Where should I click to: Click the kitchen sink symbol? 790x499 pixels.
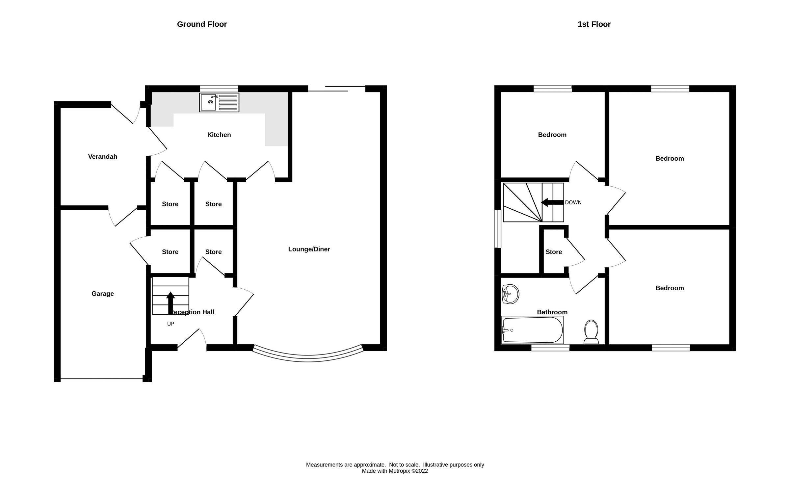219,102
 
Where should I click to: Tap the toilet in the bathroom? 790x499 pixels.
591,332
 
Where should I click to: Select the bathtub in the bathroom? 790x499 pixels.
532,330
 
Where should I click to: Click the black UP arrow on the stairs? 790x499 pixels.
171,302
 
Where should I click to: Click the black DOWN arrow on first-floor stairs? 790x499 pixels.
552,202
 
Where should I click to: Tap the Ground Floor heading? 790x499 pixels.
202,24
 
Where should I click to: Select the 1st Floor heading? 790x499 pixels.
594,24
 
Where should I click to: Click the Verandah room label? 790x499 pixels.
103,157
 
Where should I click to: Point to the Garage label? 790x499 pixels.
103,294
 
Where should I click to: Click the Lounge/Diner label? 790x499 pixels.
309,249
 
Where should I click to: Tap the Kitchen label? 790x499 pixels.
219,135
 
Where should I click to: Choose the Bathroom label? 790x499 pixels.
552,312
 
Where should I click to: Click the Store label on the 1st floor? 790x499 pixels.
554,252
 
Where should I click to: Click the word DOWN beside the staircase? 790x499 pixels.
573,202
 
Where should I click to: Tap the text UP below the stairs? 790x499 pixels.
171,324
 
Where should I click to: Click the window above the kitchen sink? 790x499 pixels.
219,89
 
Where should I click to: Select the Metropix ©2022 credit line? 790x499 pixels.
395,471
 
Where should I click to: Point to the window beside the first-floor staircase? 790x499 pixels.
498,229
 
